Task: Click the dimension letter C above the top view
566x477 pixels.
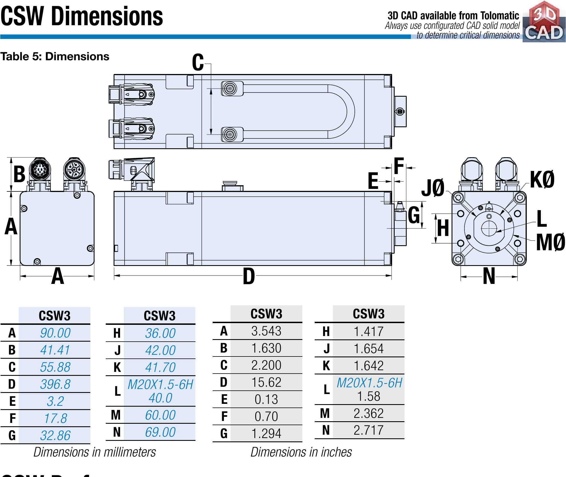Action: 198,63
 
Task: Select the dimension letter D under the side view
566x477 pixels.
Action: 249,276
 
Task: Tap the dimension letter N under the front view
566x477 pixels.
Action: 489,277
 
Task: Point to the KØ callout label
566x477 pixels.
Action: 542,180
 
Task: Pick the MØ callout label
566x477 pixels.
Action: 550,243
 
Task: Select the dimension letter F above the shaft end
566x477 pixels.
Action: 399,166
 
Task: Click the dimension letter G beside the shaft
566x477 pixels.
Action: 414,215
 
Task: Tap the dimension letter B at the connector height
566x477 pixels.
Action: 19,174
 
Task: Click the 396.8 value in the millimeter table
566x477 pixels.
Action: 55,384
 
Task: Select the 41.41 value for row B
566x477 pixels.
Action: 55,350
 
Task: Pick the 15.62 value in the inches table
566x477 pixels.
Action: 266,382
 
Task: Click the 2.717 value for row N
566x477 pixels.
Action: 369,430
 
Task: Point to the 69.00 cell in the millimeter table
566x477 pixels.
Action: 160,432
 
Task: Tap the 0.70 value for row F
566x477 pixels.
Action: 266,416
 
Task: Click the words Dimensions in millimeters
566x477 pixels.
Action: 95,452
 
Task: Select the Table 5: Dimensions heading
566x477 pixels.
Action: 55,57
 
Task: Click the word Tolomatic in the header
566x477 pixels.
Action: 500,15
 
